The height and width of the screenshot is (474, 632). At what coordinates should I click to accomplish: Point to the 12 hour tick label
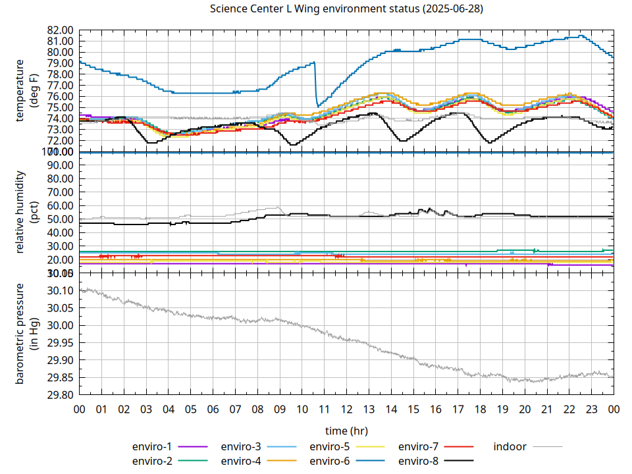(346, 409)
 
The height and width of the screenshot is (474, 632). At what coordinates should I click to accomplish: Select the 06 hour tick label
(213, 409)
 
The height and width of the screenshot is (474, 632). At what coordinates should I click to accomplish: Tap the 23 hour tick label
(591, 409)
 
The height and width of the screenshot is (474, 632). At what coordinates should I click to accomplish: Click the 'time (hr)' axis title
(346, 431)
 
